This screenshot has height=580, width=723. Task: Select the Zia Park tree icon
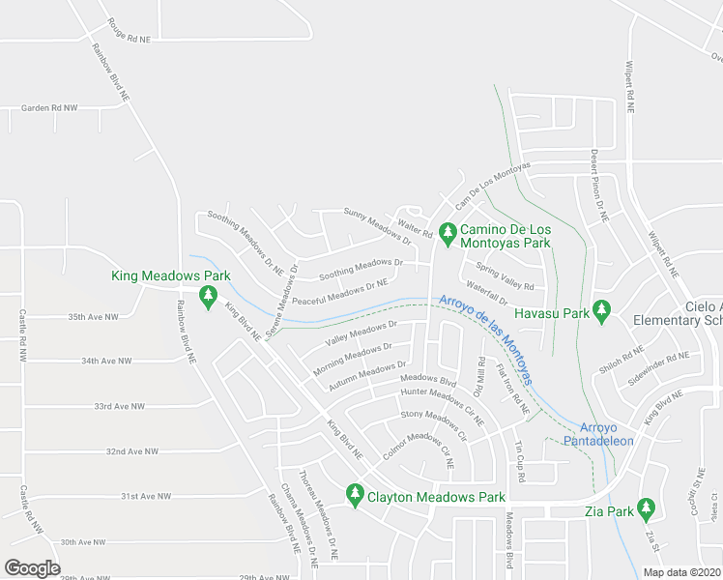646,507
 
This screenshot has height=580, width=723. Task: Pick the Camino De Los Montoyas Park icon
447,233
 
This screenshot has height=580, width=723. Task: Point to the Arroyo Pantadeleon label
606,434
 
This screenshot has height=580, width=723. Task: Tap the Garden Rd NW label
49,108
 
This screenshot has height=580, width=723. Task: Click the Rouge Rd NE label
130,31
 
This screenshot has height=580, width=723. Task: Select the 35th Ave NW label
93,317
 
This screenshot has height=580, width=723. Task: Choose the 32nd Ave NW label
131,451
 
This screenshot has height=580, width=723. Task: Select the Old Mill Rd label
479,376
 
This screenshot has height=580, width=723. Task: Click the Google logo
33,568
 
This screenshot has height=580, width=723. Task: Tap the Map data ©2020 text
680,572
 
